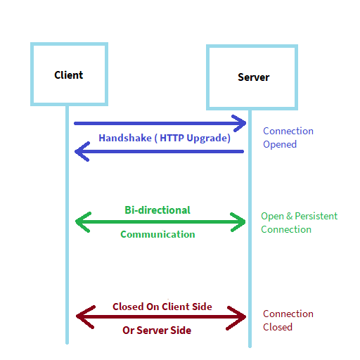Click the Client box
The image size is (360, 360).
[68, 75]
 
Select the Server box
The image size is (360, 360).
[252, 77]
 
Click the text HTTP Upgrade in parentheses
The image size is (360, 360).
[195, 139]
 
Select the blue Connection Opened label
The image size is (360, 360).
[288, 138]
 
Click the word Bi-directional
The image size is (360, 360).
[157, 210]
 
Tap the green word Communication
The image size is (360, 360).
[157, 234]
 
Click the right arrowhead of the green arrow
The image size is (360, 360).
[240, 222]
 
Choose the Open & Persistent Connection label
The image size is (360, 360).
[299, 222]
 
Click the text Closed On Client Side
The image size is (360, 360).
[162, 307]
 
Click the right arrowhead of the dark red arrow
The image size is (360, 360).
[240, 317]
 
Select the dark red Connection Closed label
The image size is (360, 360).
[288, 321]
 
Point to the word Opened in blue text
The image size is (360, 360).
[280, 144]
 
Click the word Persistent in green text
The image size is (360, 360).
[316, 216]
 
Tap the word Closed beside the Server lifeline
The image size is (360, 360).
[278, 327]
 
